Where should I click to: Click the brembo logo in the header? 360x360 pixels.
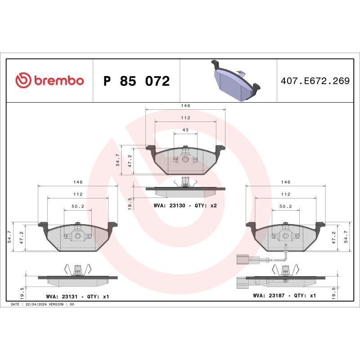49,81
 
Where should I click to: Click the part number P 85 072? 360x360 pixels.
136,81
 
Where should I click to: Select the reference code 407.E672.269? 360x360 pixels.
315,81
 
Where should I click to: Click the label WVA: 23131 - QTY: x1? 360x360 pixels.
77,297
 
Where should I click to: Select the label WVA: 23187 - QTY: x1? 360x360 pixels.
284,296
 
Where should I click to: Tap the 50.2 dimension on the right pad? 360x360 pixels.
285,207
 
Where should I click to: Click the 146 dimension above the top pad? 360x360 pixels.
185,105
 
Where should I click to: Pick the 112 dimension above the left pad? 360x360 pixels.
78,194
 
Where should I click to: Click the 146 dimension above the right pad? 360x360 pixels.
285,182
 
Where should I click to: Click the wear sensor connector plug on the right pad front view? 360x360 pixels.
242,259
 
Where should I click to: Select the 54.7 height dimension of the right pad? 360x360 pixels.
346,237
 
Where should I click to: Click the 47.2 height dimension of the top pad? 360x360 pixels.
130,161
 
